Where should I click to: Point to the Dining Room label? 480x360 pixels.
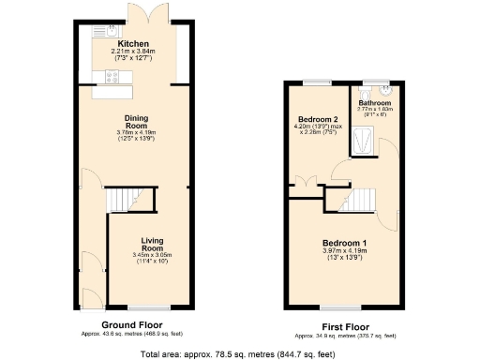(x=137, y=120)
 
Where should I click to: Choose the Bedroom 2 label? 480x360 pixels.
(x=318, y=120)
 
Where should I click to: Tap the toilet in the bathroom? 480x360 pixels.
(x=385, y=93)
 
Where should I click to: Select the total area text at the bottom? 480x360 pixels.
(x=238, y=353)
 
